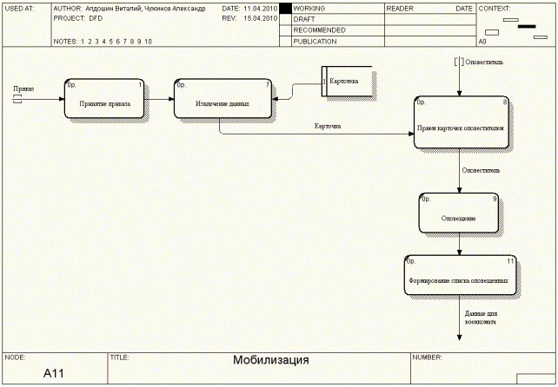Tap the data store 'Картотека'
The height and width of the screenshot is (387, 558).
coord(347,81)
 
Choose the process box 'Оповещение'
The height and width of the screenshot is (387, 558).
coord(458,213)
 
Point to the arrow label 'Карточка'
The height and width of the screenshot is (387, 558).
coord(328,127)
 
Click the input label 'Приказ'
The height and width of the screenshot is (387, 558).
coord(23,89)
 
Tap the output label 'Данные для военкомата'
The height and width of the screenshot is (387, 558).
coord(480,317)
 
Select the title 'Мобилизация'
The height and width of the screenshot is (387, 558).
coord(270,360)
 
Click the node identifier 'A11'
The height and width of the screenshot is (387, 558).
coord(54,374)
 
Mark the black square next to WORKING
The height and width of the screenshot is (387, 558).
coord(285,8)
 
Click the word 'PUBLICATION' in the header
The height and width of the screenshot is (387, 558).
coord(315,41)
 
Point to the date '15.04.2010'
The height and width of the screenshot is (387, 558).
coord(260,17)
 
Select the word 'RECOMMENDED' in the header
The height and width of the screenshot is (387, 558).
coord(319,30)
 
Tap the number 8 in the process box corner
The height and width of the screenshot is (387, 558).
coord(505,102)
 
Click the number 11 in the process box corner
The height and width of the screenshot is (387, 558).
coord(510,261)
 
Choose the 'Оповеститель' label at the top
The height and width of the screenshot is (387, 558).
coord(484,62)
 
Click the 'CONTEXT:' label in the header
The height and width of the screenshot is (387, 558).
coord(494,7)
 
